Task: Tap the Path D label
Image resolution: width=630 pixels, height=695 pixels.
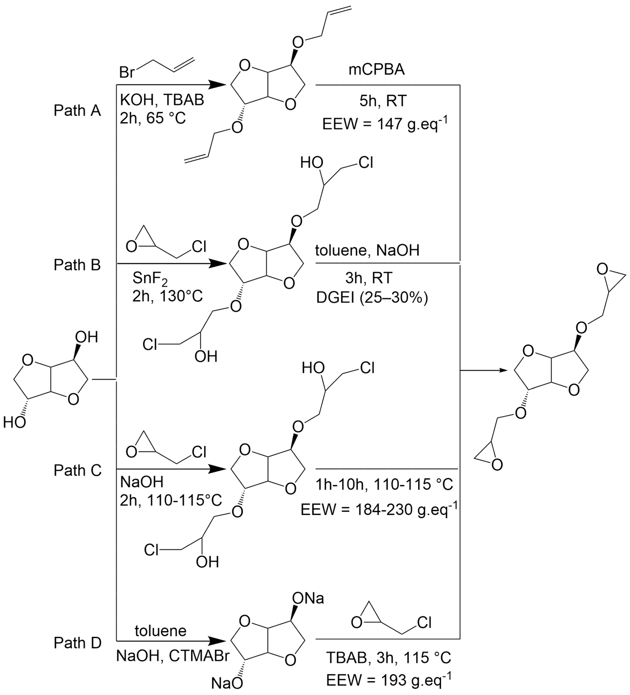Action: (77, 643)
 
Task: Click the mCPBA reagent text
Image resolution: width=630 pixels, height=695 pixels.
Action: (377, 70)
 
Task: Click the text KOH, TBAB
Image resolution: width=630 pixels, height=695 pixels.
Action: (162, 100)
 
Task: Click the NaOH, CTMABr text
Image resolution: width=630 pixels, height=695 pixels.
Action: (172, 656)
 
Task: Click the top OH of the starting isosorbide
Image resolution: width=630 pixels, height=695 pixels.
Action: (87, 337)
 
